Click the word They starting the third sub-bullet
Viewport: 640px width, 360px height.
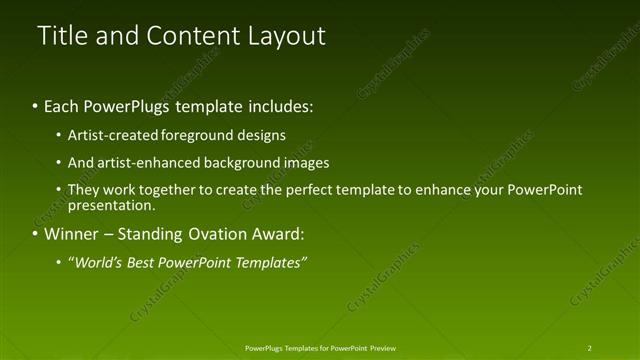83,189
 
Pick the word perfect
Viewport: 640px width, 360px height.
335,189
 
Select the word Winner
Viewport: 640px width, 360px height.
72,235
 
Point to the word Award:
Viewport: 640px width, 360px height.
277,235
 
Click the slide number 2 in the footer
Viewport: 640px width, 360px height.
589,348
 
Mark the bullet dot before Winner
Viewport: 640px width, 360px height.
35,235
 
